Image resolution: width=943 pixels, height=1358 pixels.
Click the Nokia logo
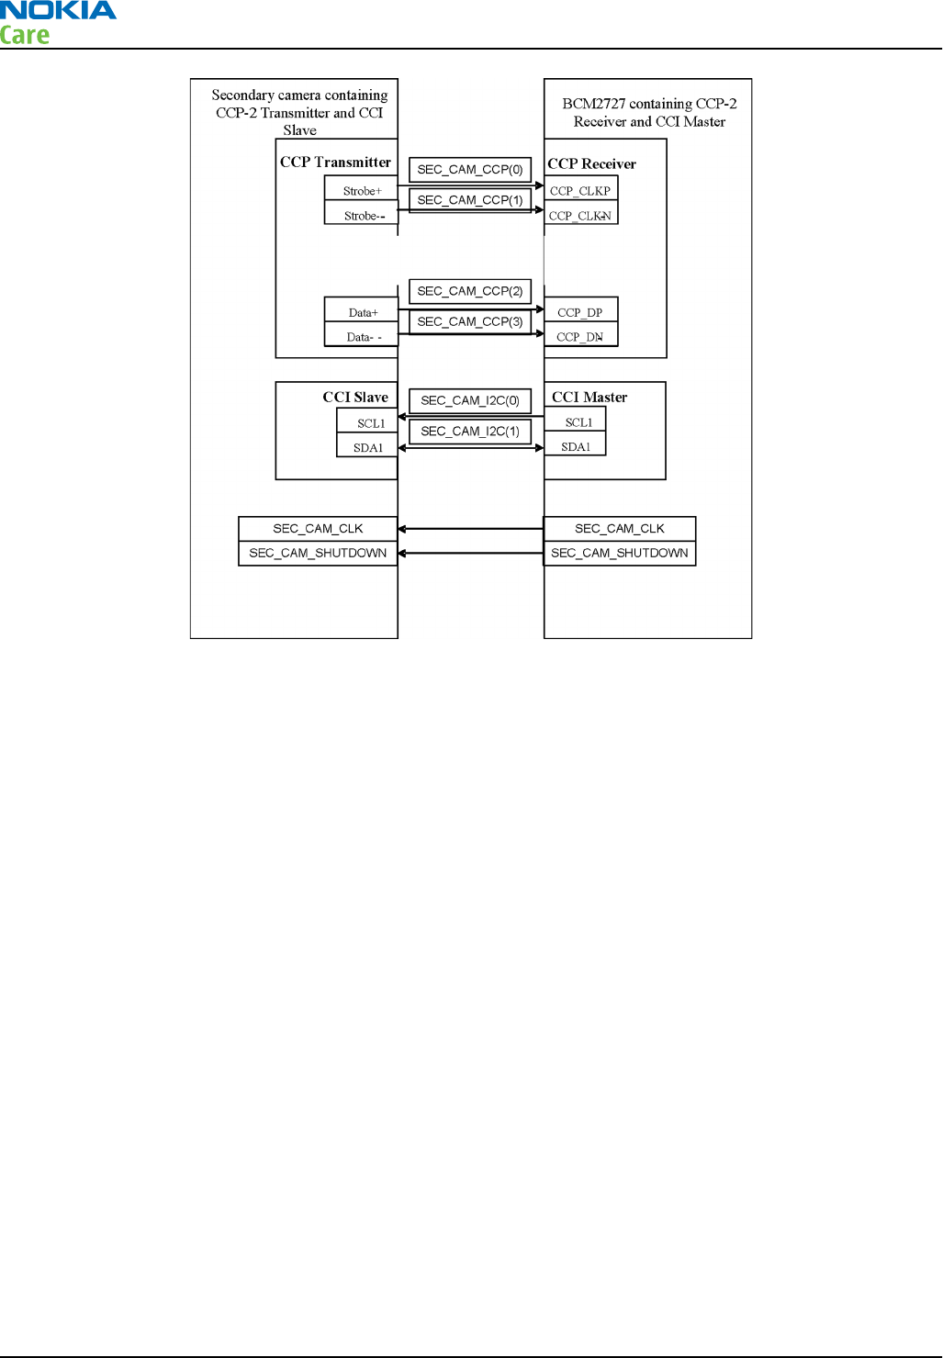pos(58,11)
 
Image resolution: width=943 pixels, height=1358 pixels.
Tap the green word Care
pos(25,36)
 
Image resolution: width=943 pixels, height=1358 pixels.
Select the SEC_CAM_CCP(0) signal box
pos(469,170)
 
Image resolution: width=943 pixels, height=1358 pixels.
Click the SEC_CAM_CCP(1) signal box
pos(469,200)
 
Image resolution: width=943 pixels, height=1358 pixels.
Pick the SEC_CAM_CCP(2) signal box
pos(469,291)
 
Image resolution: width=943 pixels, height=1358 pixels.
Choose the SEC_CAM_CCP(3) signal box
pos(469,321)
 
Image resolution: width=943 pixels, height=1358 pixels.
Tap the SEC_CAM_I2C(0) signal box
pos(469,400)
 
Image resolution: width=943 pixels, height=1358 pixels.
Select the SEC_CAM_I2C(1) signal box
pos(469,431)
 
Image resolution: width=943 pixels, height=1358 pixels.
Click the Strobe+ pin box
pos(362,191)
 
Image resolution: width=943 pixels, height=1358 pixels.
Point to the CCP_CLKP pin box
pos(580,191)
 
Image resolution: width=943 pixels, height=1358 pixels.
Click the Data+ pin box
pos(362,313)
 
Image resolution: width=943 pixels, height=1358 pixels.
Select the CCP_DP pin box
pos(580,313)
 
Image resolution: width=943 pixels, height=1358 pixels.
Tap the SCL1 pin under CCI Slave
pos(370,423)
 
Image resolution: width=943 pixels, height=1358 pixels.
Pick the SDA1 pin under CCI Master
pos(576,447)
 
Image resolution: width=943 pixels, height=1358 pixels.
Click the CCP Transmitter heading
pos(335,163)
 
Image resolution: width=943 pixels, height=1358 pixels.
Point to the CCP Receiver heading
pos(592,164)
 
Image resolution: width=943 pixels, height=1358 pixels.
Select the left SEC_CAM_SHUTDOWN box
pos(318,554)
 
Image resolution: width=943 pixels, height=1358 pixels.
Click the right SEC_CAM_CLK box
pos(620,529)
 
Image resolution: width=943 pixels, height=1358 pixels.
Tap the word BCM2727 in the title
pos(593,104)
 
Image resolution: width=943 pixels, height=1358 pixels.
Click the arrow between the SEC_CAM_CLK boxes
pos(471,529)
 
